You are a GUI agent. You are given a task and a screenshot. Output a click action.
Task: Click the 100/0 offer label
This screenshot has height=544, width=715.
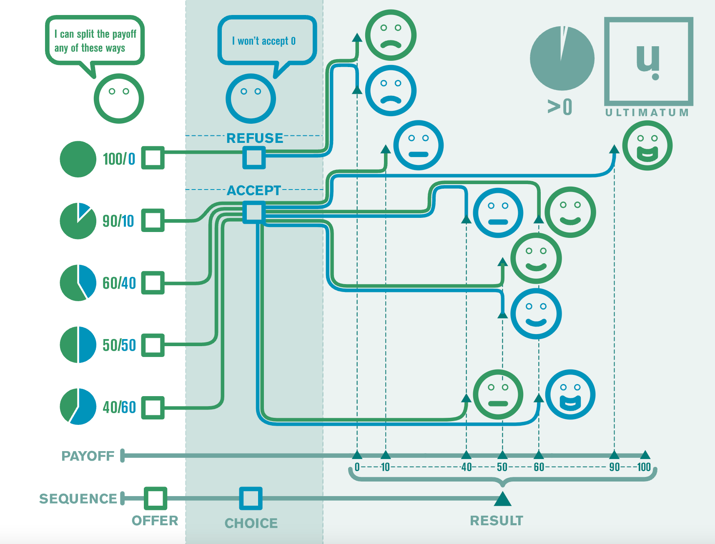[x=119, y=159]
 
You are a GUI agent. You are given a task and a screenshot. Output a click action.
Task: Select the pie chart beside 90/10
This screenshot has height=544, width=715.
[x=78, y=221]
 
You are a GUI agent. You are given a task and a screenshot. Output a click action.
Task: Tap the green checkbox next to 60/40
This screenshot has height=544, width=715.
[x=153, y=283]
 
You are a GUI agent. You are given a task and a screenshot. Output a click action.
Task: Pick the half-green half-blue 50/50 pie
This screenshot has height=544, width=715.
[x=78, y=345]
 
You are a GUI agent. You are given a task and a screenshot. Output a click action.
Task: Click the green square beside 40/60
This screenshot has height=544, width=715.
[x=153, y=407]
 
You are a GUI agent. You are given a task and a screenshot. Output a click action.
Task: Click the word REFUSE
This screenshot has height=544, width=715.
[x=254, y=138]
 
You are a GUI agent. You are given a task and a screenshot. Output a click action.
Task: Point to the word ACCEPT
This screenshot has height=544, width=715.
[x=254, y=190]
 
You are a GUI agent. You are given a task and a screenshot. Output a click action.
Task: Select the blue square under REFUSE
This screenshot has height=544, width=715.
[x=254, y=157]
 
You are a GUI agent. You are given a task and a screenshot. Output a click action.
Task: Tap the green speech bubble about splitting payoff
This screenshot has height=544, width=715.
[x=95, y=41]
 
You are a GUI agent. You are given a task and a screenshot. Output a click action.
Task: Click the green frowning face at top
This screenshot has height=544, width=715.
[x=391, y=35]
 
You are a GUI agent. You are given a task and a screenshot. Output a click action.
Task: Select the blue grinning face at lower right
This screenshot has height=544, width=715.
[x=570, y=394]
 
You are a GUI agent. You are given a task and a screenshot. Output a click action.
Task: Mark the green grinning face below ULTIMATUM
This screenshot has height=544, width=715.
[x=647, y=145]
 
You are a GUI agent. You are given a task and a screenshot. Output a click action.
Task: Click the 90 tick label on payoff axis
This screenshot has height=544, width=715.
[x=614, y=467]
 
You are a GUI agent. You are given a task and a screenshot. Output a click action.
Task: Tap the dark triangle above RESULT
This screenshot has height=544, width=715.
[x=502, y=499]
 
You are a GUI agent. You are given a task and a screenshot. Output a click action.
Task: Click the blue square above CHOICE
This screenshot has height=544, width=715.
[x=251, y=498]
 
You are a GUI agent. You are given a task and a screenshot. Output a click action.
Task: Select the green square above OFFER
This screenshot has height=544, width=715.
[x=156, y=498]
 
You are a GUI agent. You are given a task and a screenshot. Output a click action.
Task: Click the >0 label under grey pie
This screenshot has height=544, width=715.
[x=560, y=107]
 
